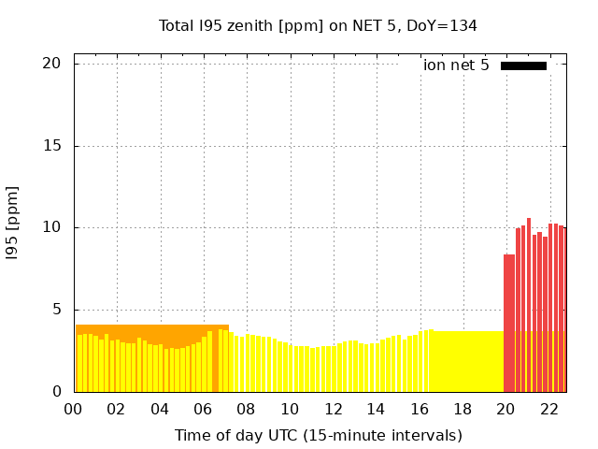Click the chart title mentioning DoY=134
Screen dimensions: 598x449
coord(318,26)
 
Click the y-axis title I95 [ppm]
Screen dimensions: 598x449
coord(12,224)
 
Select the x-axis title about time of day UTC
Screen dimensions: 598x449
coord(319,435)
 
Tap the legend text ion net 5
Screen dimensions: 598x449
coord(456,65)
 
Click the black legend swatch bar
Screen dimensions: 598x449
coord(523,66)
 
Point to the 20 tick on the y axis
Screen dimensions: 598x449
coord(51,64)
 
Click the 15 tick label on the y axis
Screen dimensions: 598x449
coord(52,146)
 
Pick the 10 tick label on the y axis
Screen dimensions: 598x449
coord(52,227)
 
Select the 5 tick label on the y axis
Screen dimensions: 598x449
coord(56,310)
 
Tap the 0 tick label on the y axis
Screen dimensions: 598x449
coord(57,391)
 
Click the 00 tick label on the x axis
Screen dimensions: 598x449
coord(73,410)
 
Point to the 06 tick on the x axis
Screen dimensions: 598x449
coord(203,410)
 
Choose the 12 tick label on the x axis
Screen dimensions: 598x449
coord(334,410)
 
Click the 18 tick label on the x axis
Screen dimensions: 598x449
coord(463,410)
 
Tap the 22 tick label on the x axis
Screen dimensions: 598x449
coord(549,410)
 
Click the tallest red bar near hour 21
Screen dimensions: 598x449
coord(529,305)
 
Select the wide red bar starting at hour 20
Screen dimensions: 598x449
coord(509,323)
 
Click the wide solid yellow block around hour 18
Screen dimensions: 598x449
coord(467,362)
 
